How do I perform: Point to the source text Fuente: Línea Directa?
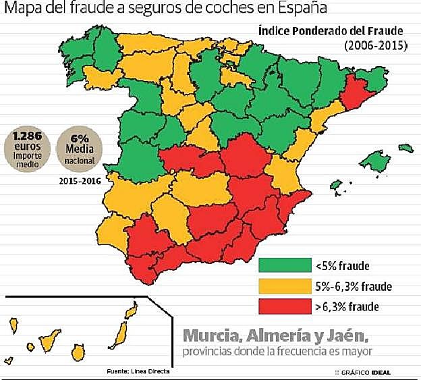pyautogui.click(x=138, y=371)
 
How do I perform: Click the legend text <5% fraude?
pyautogui.click(x=343, y=266)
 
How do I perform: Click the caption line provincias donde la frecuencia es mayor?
pyautogui.click(x=277, y=352)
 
